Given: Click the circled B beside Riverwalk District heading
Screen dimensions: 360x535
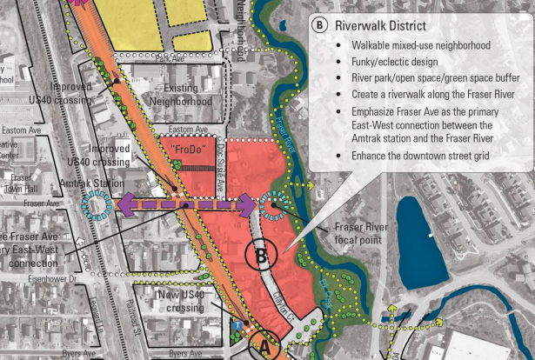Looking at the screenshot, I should [319, 24].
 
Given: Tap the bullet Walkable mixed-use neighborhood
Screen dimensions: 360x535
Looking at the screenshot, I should [422, 44].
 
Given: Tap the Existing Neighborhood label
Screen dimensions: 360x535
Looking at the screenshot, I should [182, 95].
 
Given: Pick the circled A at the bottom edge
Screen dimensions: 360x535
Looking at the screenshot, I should [266, 347].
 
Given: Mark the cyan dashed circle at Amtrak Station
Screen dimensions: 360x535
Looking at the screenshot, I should [97, 206].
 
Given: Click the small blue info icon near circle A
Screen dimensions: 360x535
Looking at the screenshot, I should [237, 325].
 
